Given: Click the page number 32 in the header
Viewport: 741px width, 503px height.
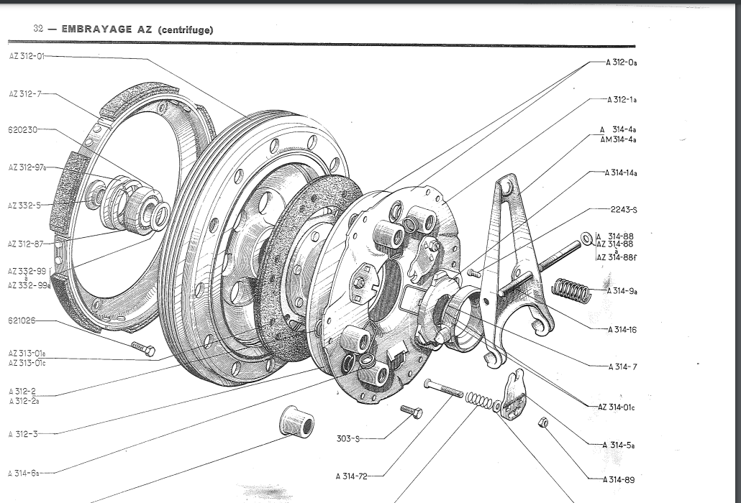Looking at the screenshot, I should click(39, 29).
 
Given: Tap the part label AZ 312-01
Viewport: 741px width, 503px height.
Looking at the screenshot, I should click(27, 56).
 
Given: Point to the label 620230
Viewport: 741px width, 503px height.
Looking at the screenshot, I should click(22, 130).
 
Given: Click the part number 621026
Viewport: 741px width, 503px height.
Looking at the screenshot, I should click(22, 320).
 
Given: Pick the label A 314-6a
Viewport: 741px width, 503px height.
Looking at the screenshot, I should click(24, 473).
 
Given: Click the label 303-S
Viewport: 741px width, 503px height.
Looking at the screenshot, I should click(347, 438).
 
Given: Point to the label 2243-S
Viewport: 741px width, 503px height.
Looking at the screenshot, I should click(623, 210).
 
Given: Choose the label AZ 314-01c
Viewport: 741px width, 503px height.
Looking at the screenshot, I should click(617, 407).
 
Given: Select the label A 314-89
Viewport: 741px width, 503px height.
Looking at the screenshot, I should click(619, 479).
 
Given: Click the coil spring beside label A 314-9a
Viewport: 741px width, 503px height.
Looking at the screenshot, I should click(571, 290).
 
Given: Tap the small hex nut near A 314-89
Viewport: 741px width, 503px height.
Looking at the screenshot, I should click(544, 423).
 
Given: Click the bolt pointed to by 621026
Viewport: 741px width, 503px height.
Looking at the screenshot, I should click(143, 349).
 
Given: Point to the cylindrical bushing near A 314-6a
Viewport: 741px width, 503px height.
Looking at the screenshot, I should click(296, 423).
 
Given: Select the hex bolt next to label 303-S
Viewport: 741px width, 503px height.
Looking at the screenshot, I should click(411, 412).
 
